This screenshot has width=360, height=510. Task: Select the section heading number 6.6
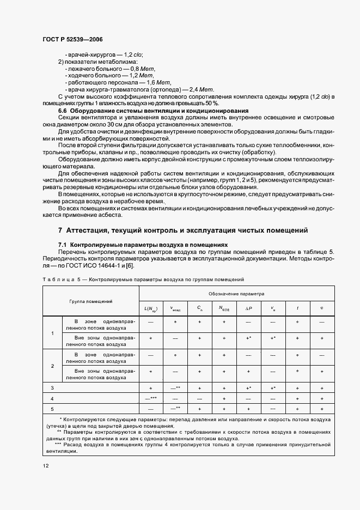point(64,111)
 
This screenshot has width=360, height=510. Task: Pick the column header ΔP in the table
point(248,308)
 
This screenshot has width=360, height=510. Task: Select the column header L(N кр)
point(151,309)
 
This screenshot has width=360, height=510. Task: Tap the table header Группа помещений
point(90,301)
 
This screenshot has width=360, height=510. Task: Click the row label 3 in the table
point(52,387)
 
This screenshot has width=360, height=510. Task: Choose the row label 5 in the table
point(52,408)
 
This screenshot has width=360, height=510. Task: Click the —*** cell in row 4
point(151,398)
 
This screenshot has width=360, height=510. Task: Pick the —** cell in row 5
point(175,408)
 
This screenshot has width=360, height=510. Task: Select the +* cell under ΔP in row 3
point(248,387)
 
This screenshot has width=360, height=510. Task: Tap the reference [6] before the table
point(129,265)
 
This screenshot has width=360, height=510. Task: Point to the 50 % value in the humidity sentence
point(211,103)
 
